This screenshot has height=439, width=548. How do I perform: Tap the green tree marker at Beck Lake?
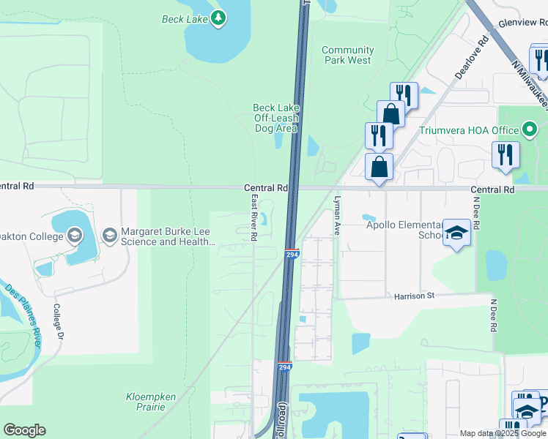218,18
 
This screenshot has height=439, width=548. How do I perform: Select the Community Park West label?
348,55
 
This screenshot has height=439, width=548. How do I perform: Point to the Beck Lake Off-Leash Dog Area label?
276,118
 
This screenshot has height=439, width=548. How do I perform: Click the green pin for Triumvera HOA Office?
531,131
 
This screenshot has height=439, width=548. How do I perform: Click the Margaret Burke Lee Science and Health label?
167,237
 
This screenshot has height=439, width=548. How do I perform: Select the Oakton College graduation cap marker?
74,235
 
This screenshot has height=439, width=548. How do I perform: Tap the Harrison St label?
414,296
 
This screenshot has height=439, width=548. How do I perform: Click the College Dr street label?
58,325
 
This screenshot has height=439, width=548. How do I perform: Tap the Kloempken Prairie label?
150,402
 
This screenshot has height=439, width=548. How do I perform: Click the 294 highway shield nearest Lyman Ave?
292,254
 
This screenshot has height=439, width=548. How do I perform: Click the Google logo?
24,430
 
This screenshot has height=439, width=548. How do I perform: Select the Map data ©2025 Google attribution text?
503,433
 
